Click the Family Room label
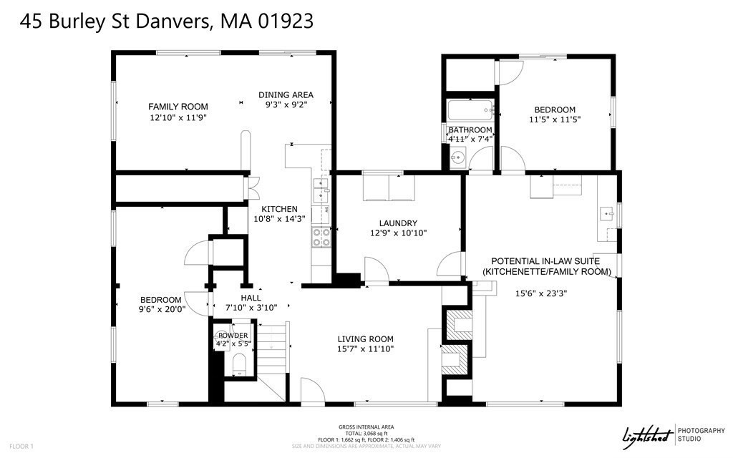click(178, 107)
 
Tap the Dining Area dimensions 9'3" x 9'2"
click(286, 106)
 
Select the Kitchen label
click(279, 208)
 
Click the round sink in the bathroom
click(459, 157)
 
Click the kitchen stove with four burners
click(321, 237)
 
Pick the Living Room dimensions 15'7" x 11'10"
click(366, 349)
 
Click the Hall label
click(251, 298)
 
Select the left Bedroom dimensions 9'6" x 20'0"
click(161, 310)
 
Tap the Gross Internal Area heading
click(366, 427)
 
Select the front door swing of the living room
click(312, 390)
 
